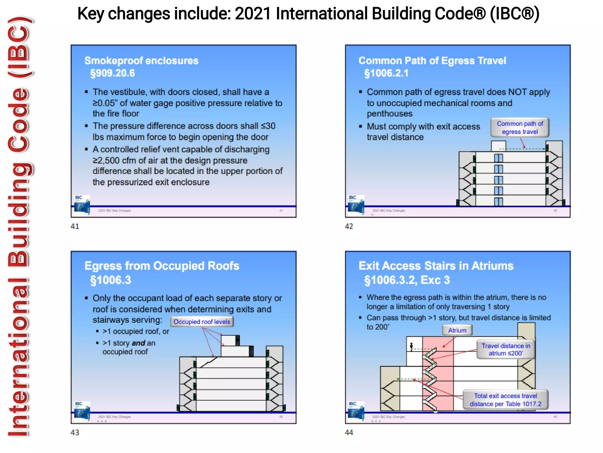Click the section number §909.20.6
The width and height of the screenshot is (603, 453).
[x=112, y=73]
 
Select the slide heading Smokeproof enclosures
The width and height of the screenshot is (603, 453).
[x=141, y=61]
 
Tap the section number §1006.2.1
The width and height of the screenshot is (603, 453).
[x=386, y=73]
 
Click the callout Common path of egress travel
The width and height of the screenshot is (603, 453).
[x=520, y=128]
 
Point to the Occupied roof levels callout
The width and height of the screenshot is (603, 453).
[x=202, y=322]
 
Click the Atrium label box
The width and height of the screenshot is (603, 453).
[x=457, y=330]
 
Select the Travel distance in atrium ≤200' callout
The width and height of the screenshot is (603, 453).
[x=506, y=349]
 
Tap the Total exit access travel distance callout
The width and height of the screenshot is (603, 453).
[x=505, y=400]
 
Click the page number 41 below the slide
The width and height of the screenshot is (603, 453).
[x=75, y=226]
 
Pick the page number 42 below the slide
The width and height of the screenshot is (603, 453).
[x=349, y=226]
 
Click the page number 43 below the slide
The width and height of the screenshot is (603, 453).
[x=75, y=433]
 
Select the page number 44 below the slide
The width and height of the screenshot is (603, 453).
[x=349, y=433]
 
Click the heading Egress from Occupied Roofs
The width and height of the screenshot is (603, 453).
[x=162, y=266]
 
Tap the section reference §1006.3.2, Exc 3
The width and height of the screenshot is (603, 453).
[x=407, y=280]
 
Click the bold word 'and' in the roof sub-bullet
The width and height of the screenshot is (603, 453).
[x=138, y=343]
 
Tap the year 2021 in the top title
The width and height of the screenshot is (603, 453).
[x=253, y=14]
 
